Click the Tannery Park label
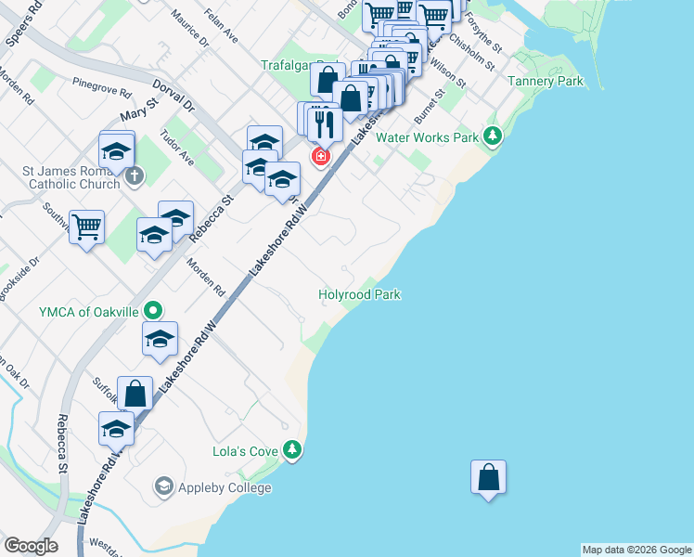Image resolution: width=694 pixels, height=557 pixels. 546,82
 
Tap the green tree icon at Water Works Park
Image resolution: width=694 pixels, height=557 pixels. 493,137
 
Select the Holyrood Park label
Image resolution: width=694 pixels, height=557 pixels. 359,294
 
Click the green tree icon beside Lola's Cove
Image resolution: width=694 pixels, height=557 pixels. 293,450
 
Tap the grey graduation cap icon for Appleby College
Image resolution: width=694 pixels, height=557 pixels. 164,486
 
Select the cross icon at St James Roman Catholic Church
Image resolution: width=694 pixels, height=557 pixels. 135,175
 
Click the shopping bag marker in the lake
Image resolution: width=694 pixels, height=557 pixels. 488,478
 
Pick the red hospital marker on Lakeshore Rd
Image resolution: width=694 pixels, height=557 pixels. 321,156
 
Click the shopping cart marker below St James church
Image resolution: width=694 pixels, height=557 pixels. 87,226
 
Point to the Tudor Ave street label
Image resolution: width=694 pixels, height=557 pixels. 176,148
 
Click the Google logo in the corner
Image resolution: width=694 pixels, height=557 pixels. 31,546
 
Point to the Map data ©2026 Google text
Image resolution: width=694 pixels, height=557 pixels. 636,550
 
